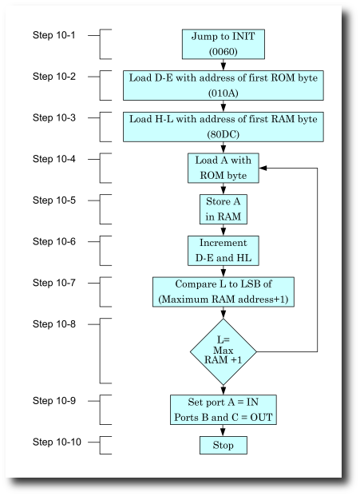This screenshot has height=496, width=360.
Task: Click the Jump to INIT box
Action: (x=223, y=44)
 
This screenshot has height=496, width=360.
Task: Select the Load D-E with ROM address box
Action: (x=223, y=85)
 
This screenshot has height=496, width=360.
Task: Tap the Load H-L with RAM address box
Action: (x=223, y=126)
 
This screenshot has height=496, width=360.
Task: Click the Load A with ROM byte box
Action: (x=223, y=168)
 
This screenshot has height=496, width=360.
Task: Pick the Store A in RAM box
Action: (x=223, y=208)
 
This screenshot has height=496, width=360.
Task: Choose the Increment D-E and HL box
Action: (x=223, y=250)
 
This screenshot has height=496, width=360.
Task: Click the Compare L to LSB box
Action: (x=223, y=292)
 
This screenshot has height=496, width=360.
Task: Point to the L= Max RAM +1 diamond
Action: (x=223, y=351)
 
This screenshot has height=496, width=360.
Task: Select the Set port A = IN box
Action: (x=223, y=409)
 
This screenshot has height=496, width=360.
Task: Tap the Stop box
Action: (x=223, y=445)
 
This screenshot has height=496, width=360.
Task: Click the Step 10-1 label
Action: (x=54, y=35)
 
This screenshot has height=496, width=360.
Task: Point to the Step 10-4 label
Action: (x=54, y=159)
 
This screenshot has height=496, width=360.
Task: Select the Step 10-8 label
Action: (x=54, y=323)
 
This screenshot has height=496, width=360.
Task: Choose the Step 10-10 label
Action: (x=57, y=442)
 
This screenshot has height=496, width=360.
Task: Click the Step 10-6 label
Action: (x=54, y=241)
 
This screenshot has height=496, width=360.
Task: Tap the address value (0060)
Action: (x=223, y=51)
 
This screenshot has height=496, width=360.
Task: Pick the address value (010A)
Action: (x=223, y=93)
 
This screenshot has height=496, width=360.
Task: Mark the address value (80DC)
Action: (x=223, y=134)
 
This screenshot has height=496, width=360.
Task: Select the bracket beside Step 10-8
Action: (x=105, y=351)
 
